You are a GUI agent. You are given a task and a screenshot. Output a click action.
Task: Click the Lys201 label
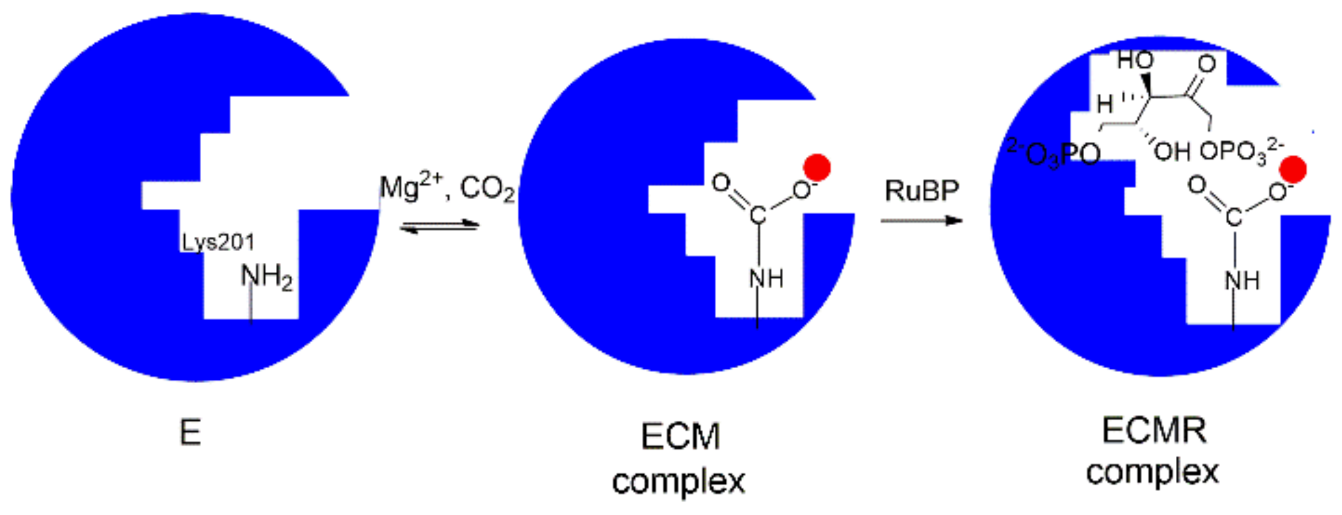218,243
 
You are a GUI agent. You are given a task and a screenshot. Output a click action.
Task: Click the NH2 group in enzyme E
266,277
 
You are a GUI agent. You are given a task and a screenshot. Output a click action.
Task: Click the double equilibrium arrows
439,226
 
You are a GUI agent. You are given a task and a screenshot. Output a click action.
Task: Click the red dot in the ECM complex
817,167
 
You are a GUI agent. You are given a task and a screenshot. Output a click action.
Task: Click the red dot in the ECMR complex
1293,170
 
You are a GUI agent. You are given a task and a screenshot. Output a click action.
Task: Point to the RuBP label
922,191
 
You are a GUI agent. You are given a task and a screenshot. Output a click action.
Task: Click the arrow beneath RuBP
921,220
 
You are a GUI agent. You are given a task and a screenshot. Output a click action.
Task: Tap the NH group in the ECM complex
766,279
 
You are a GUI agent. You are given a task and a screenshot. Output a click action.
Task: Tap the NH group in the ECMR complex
1242,280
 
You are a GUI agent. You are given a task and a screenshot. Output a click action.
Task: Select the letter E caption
191,433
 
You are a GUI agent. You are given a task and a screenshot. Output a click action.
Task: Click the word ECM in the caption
680,437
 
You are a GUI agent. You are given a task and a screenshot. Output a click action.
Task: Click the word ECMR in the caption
1155,430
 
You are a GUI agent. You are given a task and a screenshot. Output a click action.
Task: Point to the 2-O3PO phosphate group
1053,154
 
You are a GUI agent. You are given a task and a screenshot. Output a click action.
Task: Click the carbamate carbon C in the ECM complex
758,215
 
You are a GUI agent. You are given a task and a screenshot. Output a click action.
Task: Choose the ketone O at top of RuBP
1207,64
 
